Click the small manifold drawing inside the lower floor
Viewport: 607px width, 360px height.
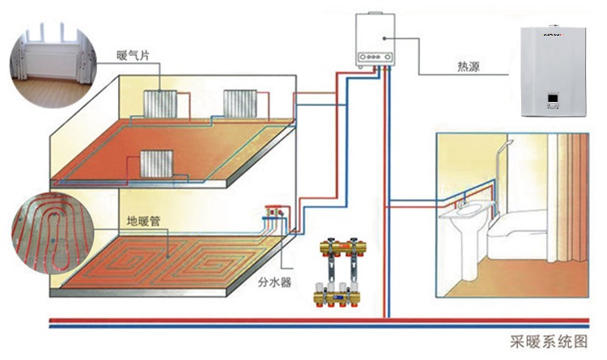click(275, 215)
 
